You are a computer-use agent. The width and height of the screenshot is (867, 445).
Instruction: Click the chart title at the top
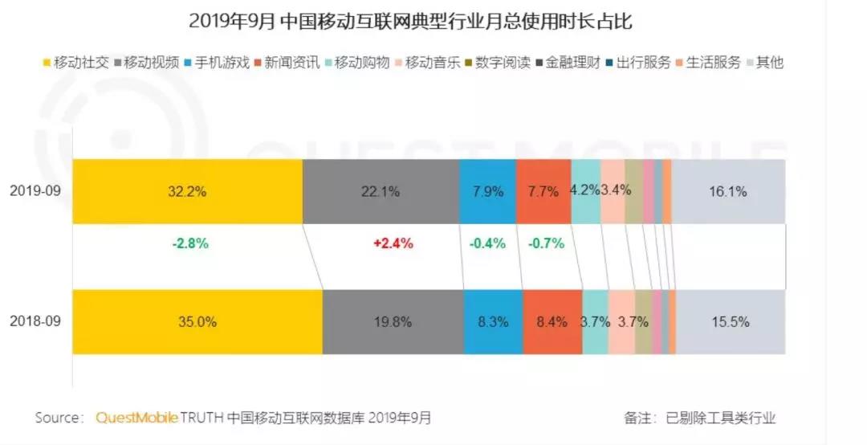pos(410,22)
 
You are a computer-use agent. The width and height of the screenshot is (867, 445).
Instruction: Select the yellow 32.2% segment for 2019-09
pos(187,191)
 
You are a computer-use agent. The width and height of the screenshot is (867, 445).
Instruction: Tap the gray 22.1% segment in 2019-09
pos(381,191)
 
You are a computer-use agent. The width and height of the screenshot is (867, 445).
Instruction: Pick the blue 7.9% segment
pos(487,191)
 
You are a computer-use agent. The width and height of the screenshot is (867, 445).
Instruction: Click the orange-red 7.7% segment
pos(543,191)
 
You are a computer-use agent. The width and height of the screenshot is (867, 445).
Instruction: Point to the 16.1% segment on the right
pos(728,191)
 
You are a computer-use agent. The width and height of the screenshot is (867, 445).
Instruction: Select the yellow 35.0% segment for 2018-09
pos(197,322)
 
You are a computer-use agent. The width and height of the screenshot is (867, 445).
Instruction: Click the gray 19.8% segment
pos(393,322)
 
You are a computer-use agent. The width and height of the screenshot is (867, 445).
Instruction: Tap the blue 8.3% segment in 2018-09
pos(493,322)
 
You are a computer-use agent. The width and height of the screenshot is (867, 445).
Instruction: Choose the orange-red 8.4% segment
pos(552,322)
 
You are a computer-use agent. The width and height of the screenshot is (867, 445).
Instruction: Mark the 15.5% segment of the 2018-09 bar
pos(731,322)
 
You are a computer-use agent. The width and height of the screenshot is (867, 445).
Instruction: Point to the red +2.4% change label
pos(393,243)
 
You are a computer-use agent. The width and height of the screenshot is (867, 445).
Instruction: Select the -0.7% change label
pos(546,243)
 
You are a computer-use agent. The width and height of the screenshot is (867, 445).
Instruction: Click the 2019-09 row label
pos(35,191)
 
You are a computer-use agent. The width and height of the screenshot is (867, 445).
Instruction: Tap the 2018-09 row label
pos(35,322)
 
